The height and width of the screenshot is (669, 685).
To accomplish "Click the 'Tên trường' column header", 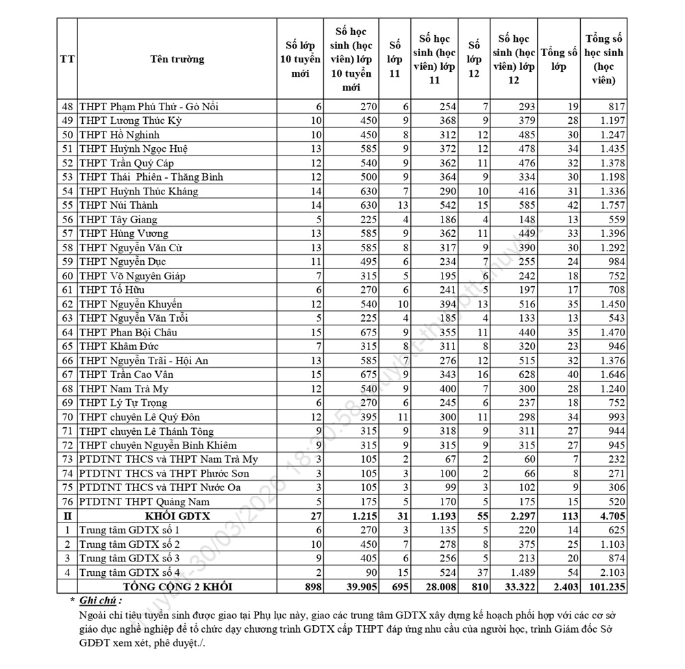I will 177,59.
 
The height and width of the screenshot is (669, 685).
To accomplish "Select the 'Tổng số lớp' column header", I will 559,59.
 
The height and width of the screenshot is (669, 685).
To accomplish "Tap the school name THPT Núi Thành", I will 119,205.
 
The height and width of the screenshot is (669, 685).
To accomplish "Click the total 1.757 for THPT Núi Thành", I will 611,205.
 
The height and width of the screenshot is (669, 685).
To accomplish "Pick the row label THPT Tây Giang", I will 118,220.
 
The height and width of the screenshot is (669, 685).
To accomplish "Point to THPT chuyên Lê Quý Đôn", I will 140,417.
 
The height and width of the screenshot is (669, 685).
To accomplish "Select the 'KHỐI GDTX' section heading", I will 177,516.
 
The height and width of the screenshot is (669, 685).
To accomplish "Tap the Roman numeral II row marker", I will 66,516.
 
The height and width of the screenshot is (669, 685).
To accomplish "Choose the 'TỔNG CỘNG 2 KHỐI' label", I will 177,587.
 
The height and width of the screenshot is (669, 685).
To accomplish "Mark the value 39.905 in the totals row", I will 353,587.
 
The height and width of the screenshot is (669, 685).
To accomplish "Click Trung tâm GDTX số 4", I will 129,572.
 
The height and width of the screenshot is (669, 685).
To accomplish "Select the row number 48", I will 66,107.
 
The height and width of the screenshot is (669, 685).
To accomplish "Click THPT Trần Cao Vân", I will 126,375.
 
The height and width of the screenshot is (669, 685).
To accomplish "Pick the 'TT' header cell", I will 66,59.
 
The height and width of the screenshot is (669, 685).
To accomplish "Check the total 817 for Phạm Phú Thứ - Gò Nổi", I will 614,107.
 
